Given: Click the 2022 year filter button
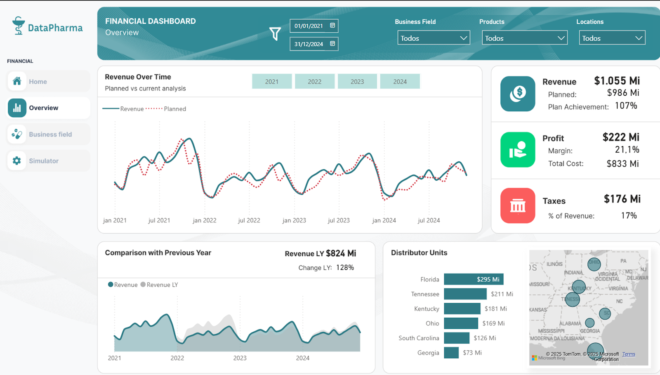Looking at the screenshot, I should pos(314,81).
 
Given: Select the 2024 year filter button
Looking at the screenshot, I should pos(400,81).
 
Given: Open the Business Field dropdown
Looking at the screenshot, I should pos(434,38).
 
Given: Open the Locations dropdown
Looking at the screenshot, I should pos(612,38).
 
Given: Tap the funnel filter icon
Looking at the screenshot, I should pos(275,33).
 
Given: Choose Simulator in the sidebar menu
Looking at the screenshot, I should pos(44,161).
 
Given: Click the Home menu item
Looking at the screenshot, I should pos(38,82).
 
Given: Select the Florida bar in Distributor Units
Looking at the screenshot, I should pos(473,279).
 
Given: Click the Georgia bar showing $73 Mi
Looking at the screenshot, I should pos(451,353).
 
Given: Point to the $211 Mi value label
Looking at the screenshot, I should pos(502,294).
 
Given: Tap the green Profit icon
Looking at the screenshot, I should pos(518,149).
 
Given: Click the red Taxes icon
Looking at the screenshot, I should pos(518,205).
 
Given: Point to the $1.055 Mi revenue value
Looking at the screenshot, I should pos(617,81).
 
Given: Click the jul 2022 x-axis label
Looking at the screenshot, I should pos(249,220).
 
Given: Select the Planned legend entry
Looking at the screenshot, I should pos(174,109).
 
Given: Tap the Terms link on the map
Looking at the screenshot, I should pos(629,354).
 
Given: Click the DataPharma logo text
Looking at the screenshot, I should pos(55,28).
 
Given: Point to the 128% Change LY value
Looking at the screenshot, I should pos(345,267).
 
